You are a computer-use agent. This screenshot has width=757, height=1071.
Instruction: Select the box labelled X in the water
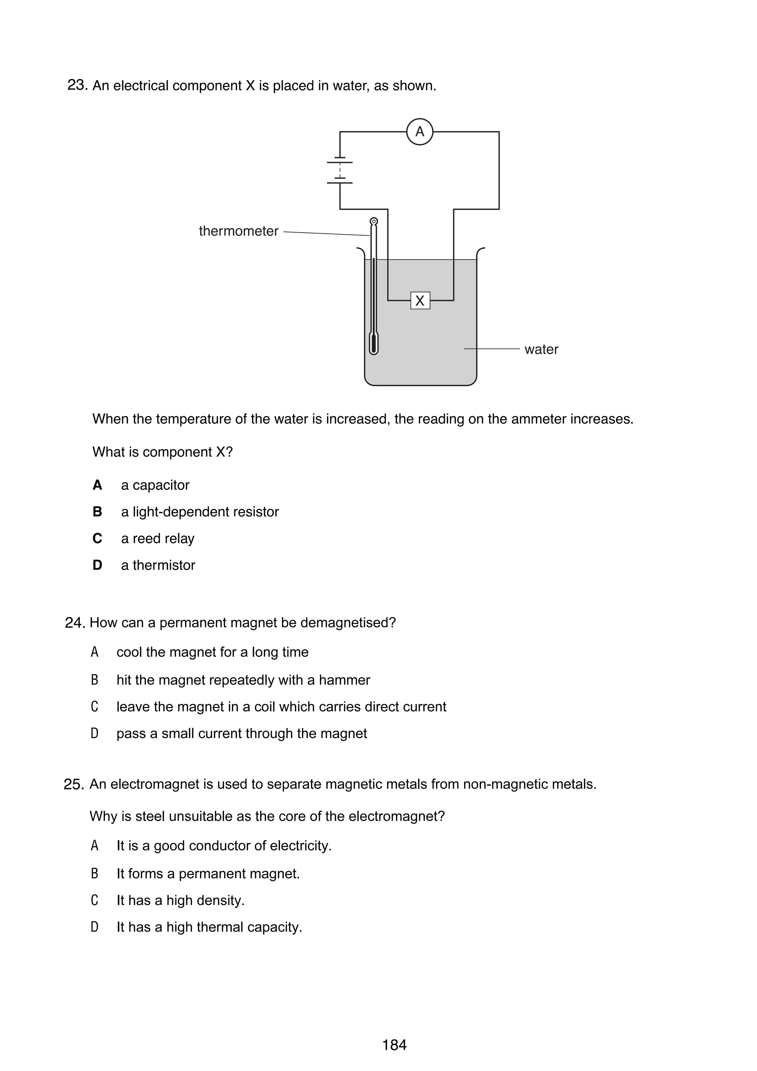pyautogui.click(x=420, y=300)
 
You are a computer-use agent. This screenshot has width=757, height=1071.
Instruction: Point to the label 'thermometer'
pyautogui.click(x=238, y=231)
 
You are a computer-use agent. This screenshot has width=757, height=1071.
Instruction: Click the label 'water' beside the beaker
pyautogui.click(x=541, y=349)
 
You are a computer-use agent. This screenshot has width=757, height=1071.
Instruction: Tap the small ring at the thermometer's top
pyautogui.click(x=374, y=221)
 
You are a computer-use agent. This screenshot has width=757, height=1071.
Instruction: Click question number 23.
pyautogui.click(x=77, y=85)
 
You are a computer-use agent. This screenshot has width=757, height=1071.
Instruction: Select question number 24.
pyautogui.click(x=75, y=623)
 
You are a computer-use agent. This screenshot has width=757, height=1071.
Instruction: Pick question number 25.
pyautogui.click(x=74, y=785)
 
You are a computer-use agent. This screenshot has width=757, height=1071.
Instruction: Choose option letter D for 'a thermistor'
pyautogui.click(x=97, y=565)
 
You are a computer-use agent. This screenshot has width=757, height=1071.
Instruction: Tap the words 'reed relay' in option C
pyautogui.click(x=163, y=538)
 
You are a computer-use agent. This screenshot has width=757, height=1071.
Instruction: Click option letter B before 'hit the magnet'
pyautogui.click(x=95, y=680)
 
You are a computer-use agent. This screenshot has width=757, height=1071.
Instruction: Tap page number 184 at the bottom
pyautogui.click(x=394, y=1045)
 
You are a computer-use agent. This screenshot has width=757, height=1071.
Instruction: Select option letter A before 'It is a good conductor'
pyautogui.click(x=95, y=846)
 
